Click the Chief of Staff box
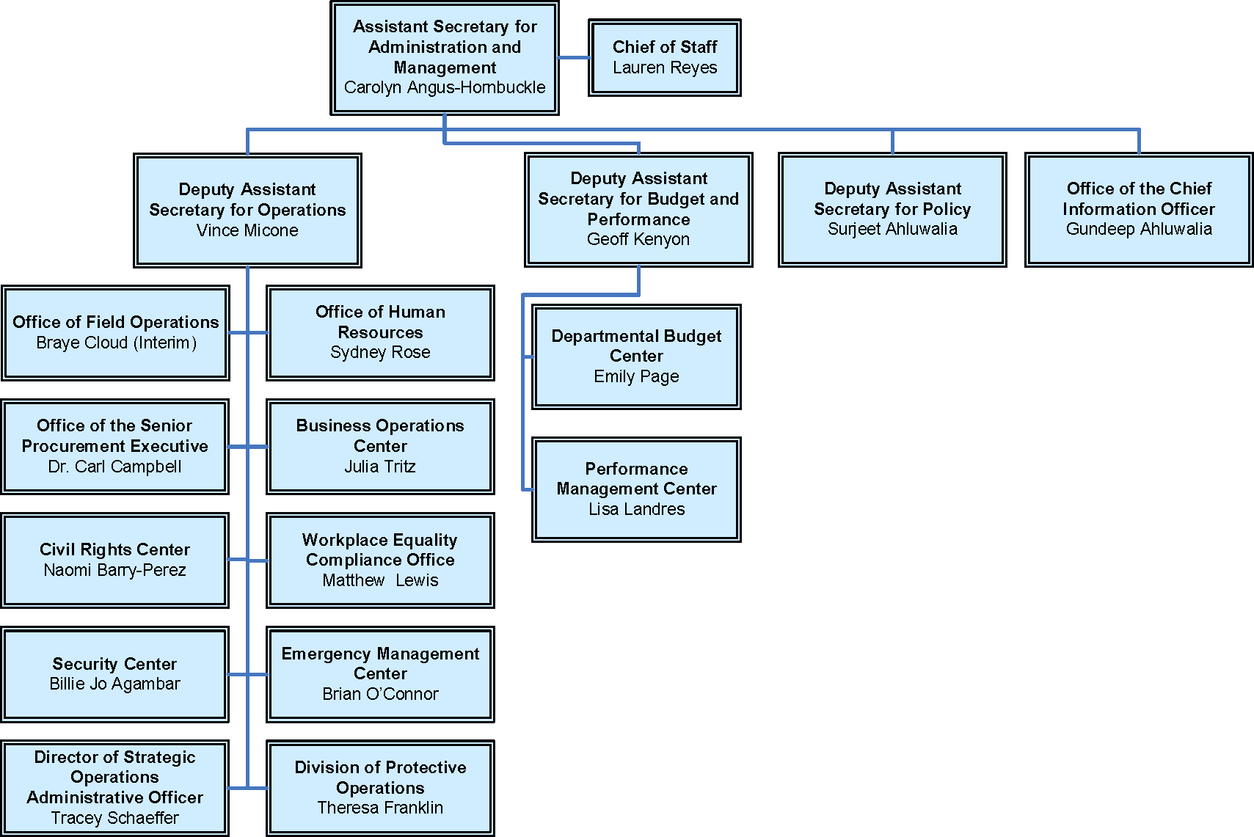click(664, 57)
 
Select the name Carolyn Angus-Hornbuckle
click(445, 87)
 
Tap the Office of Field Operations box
click(115, 332)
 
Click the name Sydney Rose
click(380, 352)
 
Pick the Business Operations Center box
click(380, 446)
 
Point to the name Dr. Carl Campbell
click(114, 467)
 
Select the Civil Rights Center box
click(114, 560)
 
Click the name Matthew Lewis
click(380, 580)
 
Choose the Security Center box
click(114, 673)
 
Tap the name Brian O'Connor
click(380, 694)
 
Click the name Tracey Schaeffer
click(114, 818)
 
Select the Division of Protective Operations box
click(380, 787)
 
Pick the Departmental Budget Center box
click(636, 357)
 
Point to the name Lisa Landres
click(636, 509)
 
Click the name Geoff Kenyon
click(638, 239)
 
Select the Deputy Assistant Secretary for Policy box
click(892, 209)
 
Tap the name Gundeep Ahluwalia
click(1139, 229)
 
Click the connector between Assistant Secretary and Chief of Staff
click(574, 57)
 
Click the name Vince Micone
click(247, 230)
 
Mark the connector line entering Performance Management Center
click(528, 489)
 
